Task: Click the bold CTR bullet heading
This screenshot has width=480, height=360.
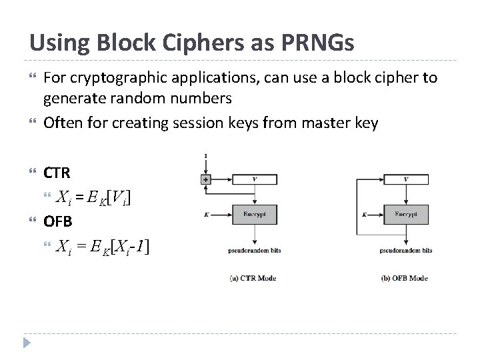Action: [x=57, y=173]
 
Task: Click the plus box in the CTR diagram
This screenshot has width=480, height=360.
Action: [x=205, y=179]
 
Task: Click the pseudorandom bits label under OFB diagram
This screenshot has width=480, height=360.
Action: [x=407, y=251]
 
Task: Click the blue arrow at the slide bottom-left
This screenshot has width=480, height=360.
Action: [x=26, y=343]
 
